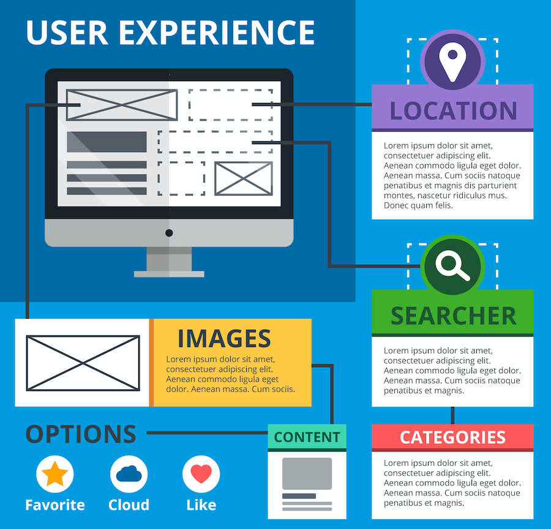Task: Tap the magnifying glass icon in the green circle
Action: click(x=453, y=265)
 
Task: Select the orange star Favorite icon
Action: click(x=55, y=474)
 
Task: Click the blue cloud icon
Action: click(x=129, y=474)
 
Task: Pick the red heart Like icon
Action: click(x=201, y=474)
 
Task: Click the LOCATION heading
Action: click(x=453, y=111)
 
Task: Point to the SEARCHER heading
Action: click(x=453, y=316)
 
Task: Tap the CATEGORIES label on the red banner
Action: click(x=452, y=438)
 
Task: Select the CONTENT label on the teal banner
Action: click(x=307, y=437)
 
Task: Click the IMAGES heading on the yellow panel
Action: click(x=224, y=338)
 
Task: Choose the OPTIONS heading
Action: click(x=81, y=434)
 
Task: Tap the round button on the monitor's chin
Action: click(x=169, y=233)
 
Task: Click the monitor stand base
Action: click(x=169, y=273)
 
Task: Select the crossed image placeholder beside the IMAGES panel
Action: click(x=83, y=363)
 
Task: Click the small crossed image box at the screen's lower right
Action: click(x=243, y=178)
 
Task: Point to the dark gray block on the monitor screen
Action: click(x=107, y=142)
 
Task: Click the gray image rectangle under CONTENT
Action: click(x=307, y=473)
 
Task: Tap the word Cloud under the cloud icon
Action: click(x=129, y=505)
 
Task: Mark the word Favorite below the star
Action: click(x=55, y=505)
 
